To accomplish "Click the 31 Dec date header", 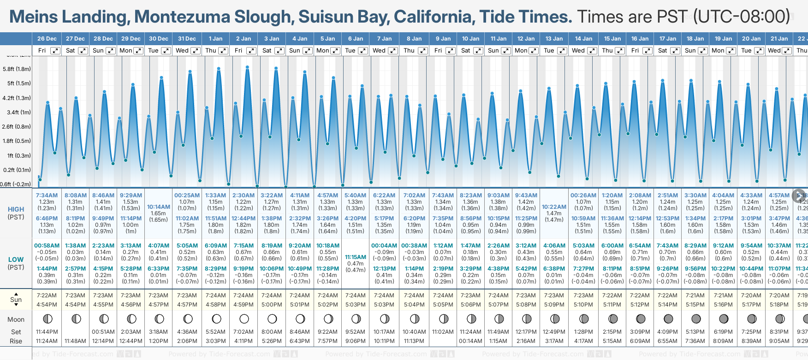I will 187,39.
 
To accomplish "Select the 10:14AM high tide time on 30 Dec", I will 158,207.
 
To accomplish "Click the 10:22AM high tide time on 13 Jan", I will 554,207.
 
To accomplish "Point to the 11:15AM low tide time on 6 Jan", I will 355,257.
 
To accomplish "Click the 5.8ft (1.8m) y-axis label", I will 17,69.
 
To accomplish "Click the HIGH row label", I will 16,209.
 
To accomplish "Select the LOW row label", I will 16,260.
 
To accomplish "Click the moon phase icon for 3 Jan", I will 272,319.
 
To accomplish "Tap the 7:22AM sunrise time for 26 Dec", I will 47,295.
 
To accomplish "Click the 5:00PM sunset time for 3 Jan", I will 272,305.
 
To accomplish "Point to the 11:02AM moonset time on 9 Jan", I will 443,332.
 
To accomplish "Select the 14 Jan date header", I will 584,39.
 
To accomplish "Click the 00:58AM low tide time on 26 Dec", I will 47,246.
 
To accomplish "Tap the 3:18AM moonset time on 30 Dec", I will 158,332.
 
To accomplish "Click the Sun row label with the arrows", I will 16,299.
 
